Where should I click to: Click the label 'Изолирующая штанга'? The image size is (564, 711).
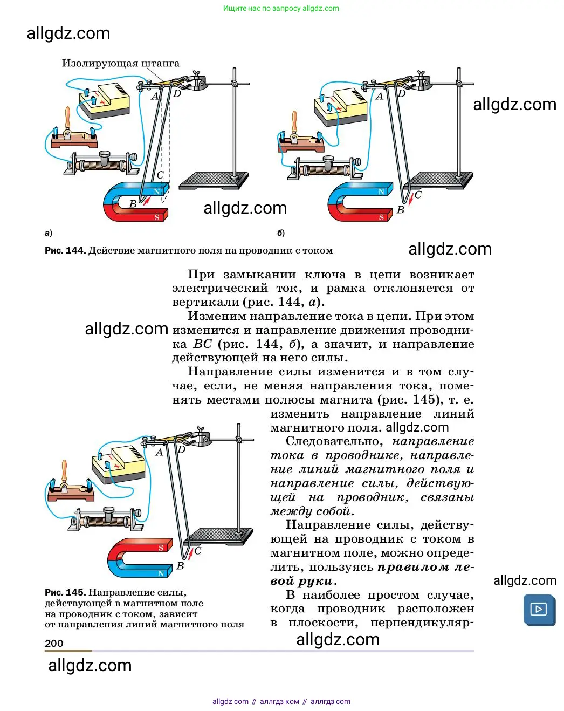coord(120,63)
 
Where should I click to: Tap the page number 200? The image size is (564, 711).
coord(54,643)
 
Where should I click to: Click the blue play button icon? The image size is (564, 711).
coord(539,610)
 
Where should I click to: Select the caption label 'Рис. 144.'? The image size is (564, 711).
coord(65,250)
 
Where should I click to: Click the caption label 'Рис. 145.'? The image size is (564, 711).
coord(65,592)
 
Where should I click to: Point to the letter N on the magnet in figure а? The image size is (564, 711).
coord(157,192)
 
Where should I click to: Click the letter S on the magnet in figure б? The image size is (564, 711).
coord(381,217)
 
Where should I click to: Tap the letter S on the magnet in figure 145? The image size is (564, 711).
coord(161,548)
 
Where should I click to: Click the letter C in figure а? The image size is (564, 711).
coord(160,175)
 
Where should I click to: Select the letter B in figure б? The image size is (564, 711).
coord(400,210)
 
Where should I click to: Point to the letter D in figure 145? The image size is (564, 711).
coord(181,449)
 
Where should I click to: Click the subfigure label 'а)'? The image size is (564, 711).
coord(49,233)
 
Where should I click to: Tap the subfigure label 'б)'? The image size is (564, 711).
coord(281,233)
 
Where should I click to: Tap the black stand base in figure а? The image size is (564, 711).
coord(214,180)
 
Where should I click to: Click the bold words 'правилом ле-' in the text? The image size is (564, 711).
coord(425,567)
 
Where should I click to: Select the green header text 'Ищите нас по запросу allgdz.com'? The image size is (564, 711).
coord(281,8)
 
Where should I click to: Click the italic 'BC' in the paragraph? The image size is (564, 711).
coord(203,344)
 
